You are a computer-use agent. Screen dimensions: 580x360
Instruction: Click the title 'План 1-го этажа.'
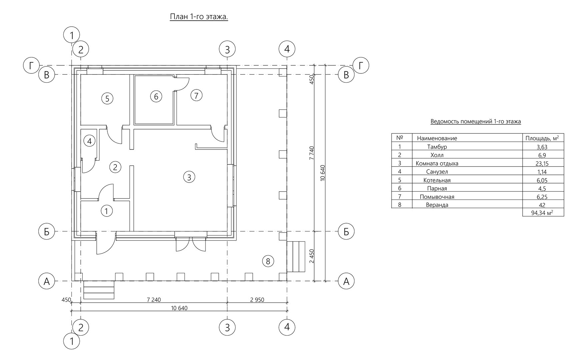199,17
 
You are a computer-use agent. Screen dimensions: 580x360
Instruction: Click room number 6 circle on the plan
156,96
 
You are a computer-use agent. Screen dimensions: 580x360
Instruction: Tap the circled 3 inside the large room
189,177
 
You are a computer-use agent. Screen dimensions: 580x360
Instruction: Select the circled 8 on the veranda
268,261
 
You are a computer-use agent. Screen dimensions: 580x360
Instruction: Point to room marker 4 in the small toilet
89,141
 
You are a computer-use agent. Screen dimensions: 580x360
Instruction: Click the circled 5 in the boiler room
107,98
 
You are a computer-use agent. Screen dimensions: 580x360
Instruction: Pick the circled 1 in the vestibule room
106,211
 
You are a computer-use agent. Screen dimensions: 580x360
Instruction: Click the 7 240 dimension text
154,300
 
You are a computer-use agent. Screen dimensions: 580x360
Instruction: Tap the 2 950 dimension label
257,300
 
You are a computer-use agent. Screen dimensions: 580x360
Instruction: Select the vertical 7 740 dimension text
312,153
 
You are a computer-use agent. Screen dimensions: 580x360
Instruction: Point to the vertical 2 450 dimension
312,256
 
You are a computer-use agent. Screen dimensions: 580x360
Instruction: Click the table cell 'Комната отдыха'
437,163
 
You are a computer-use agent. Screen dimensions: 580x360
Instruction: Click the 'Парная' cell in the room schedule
437,189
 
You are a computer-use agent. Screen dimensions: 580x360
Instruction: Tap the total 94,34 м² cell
542,213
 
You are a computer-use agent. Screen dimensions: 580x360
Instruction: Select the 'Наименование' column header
437,138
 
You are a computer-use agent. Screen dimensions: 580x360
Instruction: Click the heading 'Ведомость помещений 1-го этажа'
476,121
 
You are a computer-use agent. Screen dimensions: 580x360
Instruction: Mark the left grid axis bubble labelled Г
32,66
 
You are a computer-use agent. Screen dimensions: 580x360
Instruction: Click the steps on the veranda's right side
296,257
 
